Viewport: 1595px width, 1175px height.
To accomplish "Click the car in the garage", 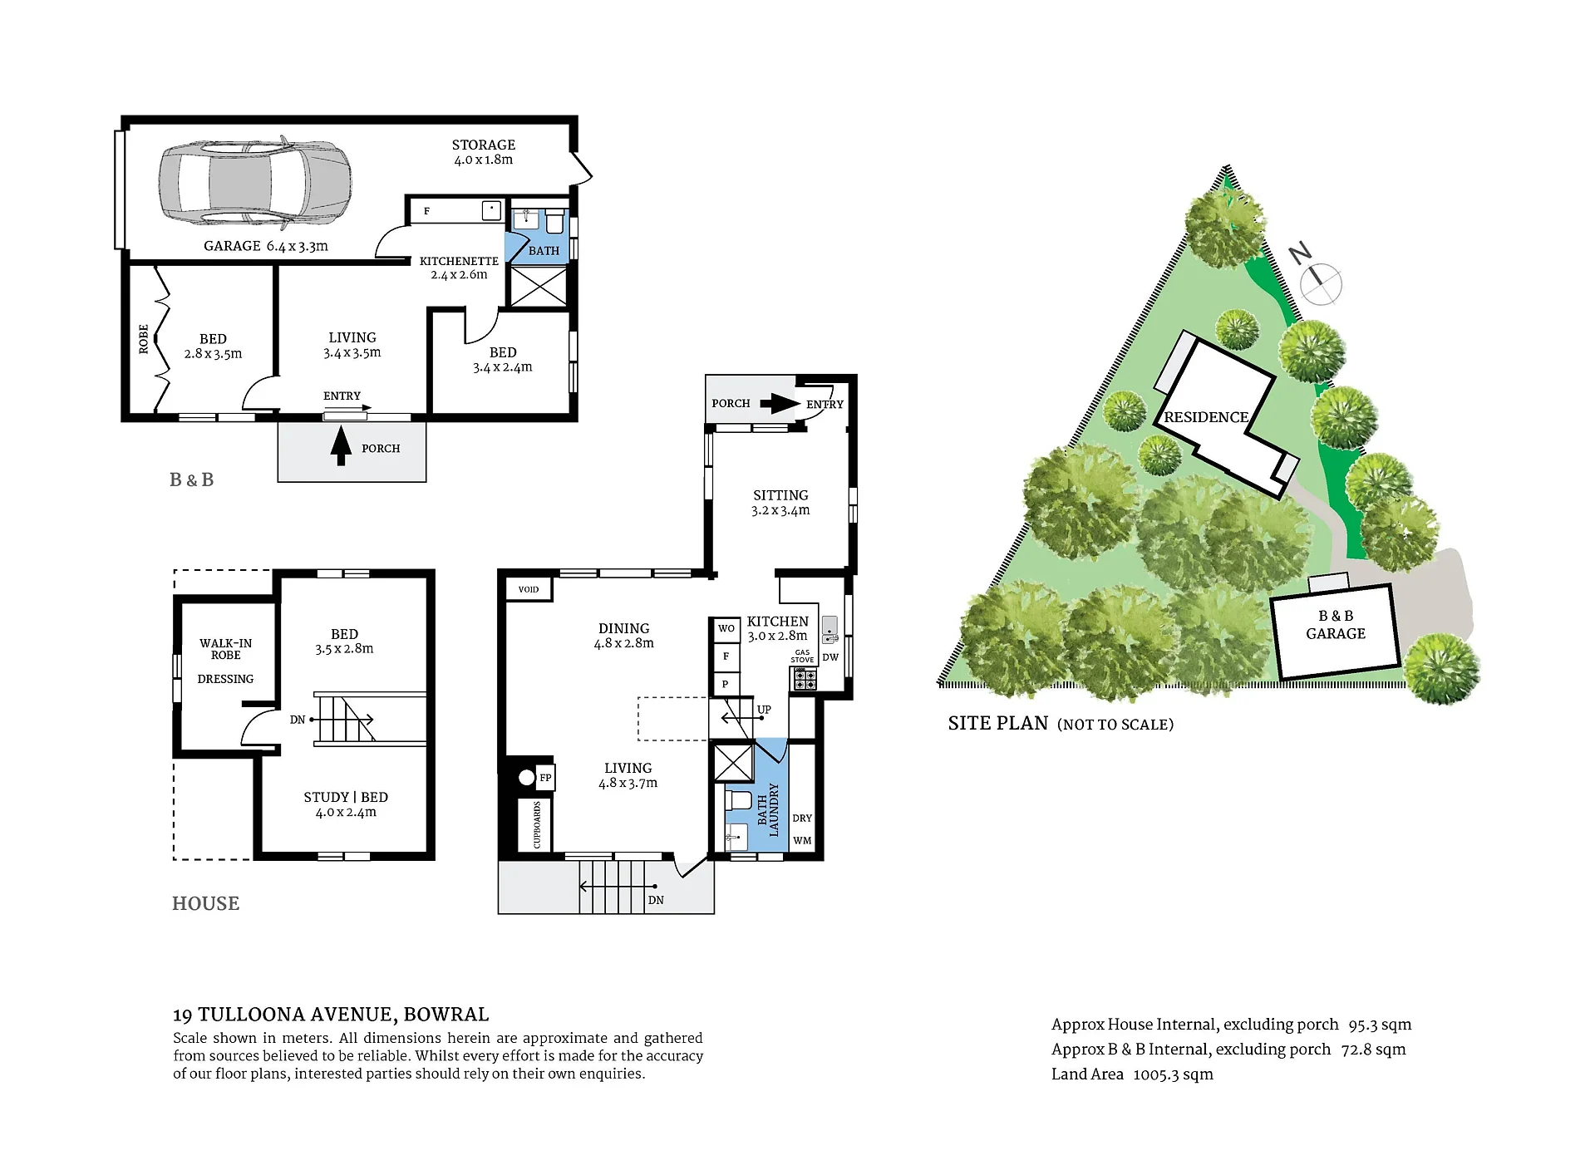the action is click(x=254, y=183).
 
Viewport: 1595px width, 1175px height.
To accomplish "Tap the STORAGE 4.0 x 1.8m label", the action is click(x=484, y=152).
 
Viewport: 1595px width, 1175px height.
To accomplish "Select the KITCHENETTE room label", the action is click(x=459, y=261).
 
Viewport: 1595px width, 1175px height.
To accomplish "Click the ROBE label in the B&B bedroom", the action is click(x=144, y=339).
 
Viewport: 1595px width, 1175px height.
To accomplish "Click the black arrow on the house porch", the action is click(x=780, y=403).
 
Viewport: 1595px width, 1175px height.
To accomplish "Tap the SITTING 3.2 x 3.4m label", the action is click(x=780, y=503).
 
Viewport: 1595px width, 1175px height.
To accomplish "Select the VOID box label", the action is click(x=529, y=589).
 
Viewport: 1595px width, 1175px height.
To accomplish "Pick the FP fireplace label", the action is click(x=545, y=778).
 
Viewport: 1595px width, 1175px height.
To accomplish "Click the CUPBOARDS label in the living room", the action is click(x=537, y=824).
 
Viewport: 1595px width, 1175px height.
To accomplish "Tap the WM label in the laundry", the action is click(x=802, y=841).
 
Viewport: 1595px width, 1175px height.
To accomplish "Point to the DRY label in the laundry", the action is click(x=802, y=819).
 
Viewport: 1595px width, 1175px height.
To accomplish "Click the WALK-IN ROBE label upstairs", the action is click(x=226, y=649).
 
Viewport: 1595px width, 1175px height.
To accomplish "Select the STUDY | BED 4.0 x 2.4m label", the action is click(x=346, y=804).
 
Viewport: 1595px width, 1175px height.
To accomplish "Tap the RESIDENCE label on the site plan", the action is click(x=1206, y=417).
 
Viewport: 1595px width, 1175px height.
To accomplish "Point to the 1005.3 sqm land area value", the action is click(x=1174, y=1074).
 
